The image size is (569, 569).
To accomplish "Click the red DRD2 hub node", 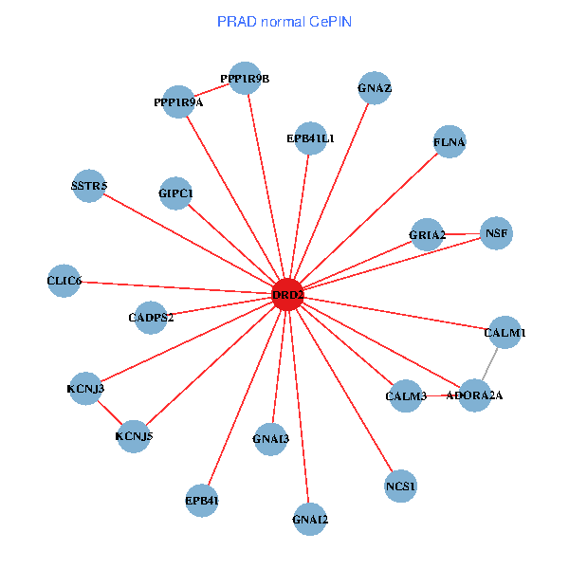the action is [x=287, y=295].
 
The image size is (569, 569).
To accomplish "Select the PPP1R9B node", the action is [x=245, y=79].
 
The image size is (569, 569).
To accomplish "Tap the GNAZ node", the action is [x=376, y=89].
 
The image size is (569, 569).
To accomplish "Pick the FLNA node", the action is [x=450, y=142].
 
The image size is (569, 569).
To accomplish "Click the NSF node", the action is [x=496, y=232].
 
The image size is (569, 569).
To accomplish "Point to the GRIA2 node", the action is [x=428, y=234].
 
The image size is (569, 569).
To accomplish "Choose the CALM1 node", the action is [x=505, y=333].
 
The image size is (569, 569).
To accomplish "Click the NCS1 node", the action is [x=401, y=486].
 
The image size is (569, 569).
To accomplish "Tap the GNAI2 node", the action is [x=310, y=519].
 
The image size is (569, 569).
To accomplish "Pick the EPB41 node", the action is [x=202, y=500].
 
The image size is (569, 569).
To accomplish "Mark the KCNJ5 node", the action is [x=134, y=436].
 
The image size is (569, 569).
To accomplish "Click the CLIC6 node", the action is [x=64, y=281].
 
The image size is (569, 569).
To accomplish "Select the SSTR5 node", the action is [x=89, y=186].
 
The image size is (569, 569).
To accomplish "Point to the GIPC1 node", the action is [x=176, y=193].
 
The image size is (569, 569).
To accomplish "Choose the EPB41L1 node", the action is [x=311, y=138].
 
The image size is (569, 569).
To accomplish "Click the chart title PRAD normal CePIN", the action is [x=284, y=21].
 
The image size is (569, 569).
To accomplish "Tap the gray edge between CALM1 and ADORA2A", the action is [x=490, y=363].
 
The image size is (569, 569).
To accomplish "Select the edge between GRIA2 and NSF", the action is [x=462, y=233].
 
